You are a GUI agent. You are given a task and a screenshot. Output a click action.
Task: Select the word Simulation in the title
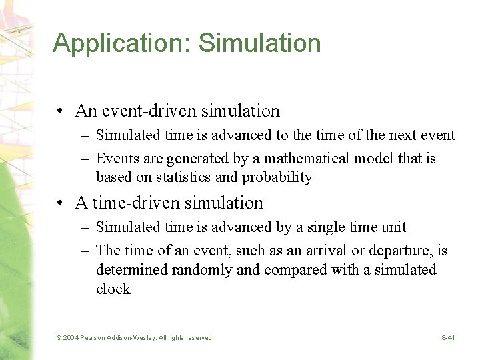click(260, 43)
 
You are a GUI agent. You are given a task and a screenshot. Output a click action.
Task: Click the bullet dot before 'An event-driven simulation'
click(60, 111)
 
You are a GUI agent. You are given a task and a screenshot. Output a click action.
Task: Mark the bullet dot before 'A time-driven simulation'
click(60, 203)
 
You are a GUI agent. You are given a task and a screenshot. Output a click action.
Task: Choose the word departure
click(384, 251)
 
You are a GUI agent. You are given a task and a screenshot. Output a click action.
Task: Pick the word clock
click(113, 289)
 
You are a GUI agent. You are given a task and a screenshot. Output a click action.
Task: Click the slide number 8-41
click(447, 338)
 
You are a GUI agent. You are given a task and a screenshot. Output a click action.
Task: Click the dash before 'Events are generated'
click(85, 159)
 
